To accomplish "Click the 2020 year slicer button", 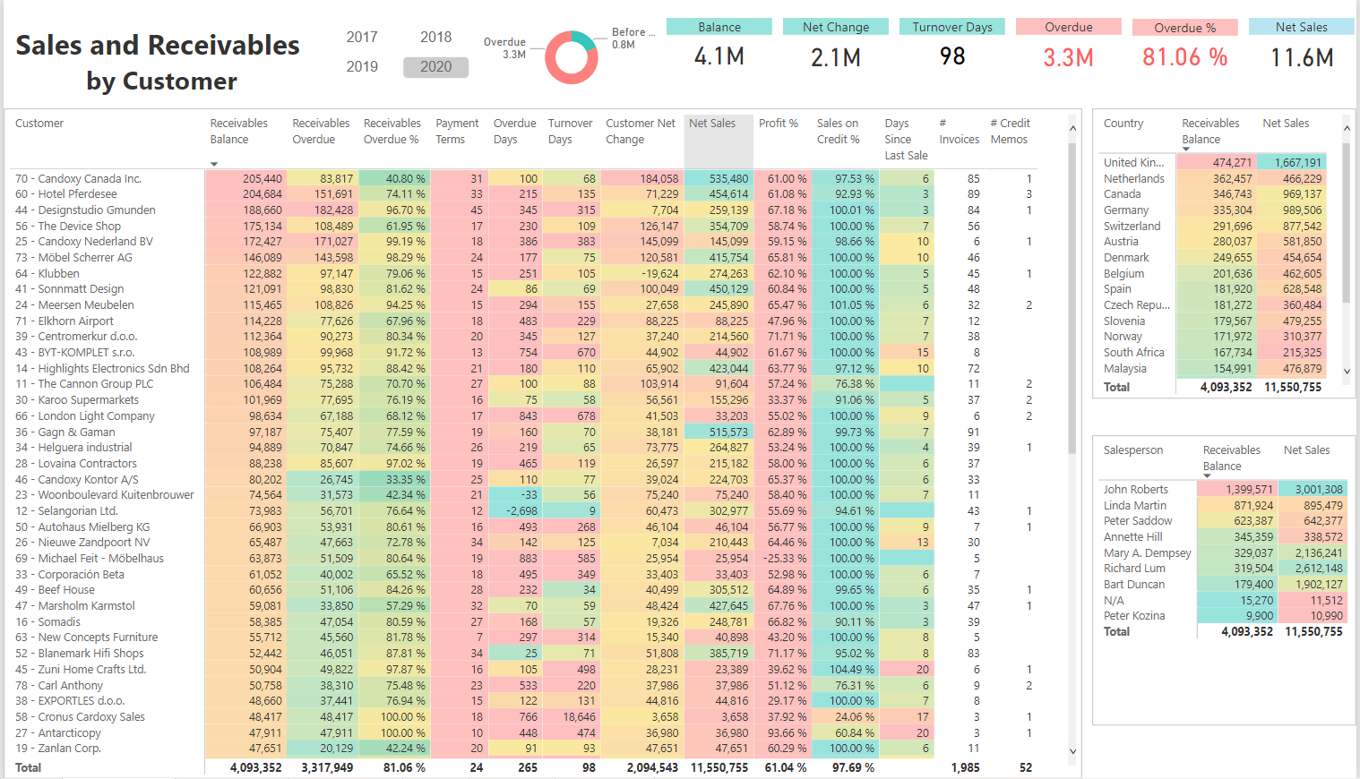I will coord(435,67).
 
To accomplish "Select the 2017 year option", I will coord(362,38).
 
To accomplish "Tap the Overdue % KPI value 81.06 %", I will coord(1184,58).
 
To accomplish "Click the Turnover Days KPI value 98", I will coord(952,57).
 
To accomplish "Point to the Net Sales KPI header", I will coord(1301,28).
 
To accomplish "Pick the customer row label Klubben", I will coord(58,274).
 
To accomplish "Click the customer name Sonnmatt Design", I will coord(81,289).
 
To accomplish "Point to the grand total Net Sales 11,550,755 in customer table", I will coord(719,768).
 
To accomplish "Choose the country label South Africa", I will coord(1133,353).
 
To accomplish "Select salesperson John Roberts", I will coord(1135,490).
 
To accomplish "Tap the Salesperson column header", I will coord(1132,450).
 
